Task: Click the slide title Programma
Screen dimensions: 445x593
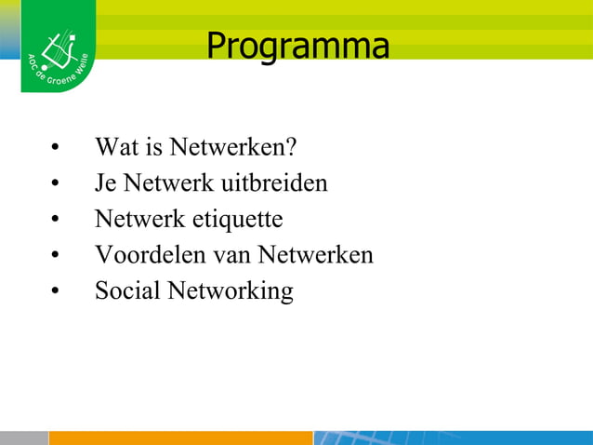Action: pyautogui.click(x=297, y=46)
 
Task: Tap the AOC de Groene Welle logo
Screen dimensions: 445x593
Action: pyautogui.click(x=58, y=49)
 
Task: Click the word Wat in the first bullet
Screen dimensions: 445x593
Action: pyautogui.click(x=113, y=147)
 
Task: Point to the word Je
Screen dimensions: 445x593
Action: pyautogui.click(x=103, y=183)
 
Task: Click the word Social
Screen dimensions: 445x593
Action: pyautogui.click(x=127, y=290)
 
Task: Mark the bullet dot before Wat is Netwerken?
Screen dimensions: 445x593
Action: pyautogui.click(x=57, y=149)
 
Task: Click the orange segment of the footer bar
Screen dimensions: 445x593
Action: pyautogui.click(x=180, y=438)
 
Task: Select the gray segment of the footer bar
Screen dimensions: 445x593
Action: pyautogui.click(x=23, y=438)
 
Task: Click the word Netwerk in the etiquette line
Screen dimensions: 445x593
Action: pyautogui.click(x=139, y=220)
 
